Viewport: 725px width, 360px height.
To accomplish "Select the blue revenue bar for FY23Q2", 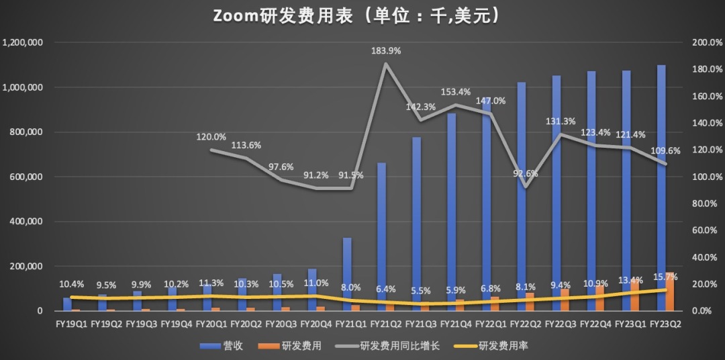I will (x=661, y=188).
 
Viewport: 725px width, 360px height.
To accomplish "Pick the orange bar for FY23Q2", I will (x=671, y=292).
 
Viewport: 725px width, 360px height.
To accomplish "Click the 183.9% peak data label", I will (x=389, y=50).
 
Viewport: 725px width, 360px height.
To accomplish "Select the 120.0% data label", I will (x=211, y=137).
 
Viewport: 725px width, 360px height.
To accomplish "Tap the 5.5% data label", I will (x=422, y=291).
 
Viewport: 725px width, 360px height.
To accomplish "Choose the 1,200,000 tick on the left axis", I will (x=23, y=42).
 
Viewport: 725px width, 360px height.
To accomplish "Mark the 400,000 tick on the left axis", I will (x=26, y=222).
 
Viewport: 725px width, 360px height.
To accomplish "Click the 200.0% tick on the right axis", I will (x=707, y=42).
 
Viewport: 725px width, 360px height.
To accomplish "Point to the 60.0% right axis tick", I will (x=707, y=230).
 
